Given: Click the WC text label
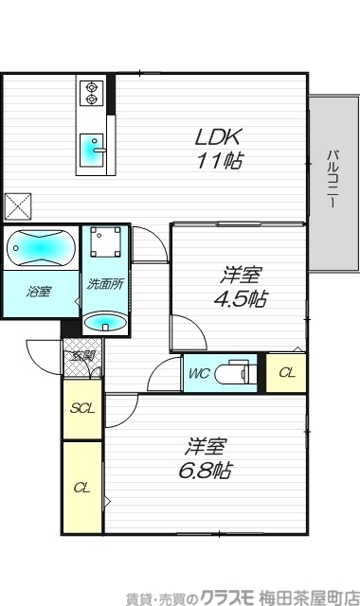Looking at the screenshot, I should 199,372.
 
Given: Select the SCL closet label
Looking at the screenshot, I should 82,409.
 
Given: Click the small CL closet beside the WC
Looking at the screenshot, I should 285,372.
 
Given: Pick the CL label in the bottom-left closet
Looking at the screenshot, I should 82,488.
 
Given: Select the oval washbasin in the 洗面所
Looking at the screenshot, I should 104,323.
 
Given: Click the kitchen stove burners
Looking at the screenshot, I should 92,93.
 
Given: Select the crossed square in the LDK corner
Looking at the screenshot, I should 19,205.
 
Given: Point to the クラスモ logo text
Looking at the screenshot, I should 217,596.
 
